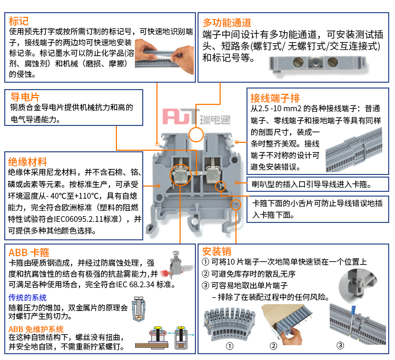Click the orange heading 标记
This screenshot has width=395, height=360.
tap(18, 21)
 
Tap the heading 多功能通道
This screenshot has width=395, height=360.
tap(227, 23)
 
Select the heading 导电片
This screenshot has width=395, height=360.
tap(25, 97)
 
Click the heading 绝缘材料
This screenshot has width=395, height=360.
tap(27, 162)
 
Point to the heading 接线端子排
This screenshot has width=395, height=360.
tap(275, 98)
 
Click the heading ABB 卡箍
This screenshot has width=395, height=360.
tap(29, 252)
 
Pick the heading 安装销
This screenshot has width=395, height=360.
tap(216, 251)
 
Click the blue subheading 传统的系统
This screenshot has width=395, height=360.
tap(27, 298)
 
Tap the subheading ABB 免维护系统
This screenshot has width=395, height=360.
tap(36, 329)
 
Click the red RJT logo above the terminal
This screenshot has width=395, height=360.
tap(180, 116)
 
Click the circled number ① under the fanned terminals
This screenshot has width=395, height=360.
tap(230, 346)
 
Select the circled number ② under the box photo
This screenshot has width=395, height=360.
tap(273, 346)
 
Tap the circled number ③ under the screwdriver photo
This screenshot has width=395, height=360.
tap(340, 345)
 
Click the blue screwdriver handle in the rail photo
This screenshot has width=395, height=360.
tap(353, 310)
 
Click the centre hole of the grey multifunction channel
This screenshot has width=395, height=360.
tap(315, 62)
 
